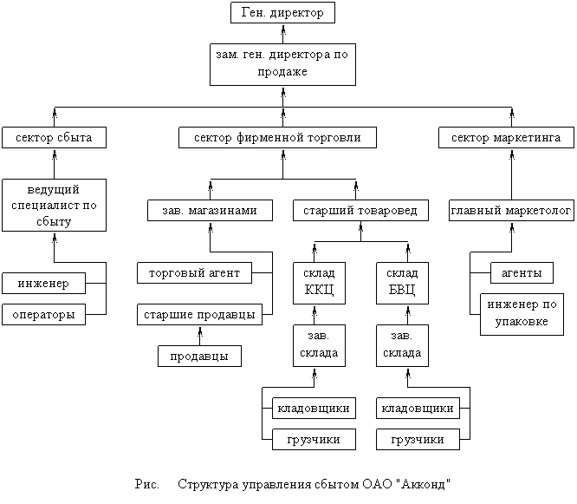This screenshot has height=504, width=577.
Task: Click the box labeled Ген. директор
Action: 282,13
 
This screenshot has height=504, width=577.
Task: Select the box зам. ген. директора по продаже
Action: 282,63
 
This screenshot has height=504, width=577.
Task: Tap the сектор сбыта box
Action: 54,137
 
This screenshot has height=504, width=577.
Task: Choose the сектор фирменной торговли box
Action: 282,137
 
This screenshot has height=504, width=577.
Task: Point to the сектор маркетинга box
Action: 507,137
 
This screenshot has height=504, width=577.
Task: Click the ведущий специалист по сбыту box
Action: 54,205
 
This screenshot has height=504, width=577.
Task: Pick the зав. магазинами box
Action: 210,210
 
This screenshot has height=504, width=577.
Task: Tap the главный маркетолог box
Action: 511,210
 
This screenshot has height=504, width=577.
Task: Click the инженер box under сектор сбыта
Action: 43,283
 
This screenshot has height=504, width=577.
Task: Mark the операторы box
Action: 43,314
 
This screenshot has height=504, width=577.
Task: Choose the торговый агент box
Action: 194,272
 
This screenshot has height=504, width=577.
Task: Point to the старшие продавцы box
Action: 200,314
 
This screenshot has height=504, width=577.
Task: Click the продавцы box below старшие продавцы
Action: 199,356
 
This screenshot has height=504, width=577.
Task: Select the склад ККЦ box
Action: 319,281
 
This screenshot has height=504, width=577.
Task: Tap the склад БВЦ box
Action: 401,281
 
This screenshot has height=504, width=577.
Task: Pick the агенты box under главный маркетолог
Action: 522,272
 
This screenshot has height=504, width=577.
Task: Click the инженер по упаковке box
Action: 522,314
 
